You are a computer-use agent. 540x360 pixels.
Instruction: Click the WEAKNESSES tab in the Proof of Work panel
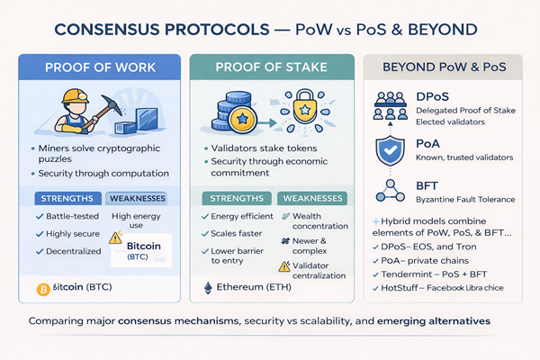pos(137,198)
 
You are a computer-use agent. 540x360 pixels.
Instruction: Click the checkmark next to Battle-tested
pos(37,217)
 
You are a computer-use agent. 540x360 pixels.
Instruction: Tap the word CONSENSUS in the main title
pos(99,29)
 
